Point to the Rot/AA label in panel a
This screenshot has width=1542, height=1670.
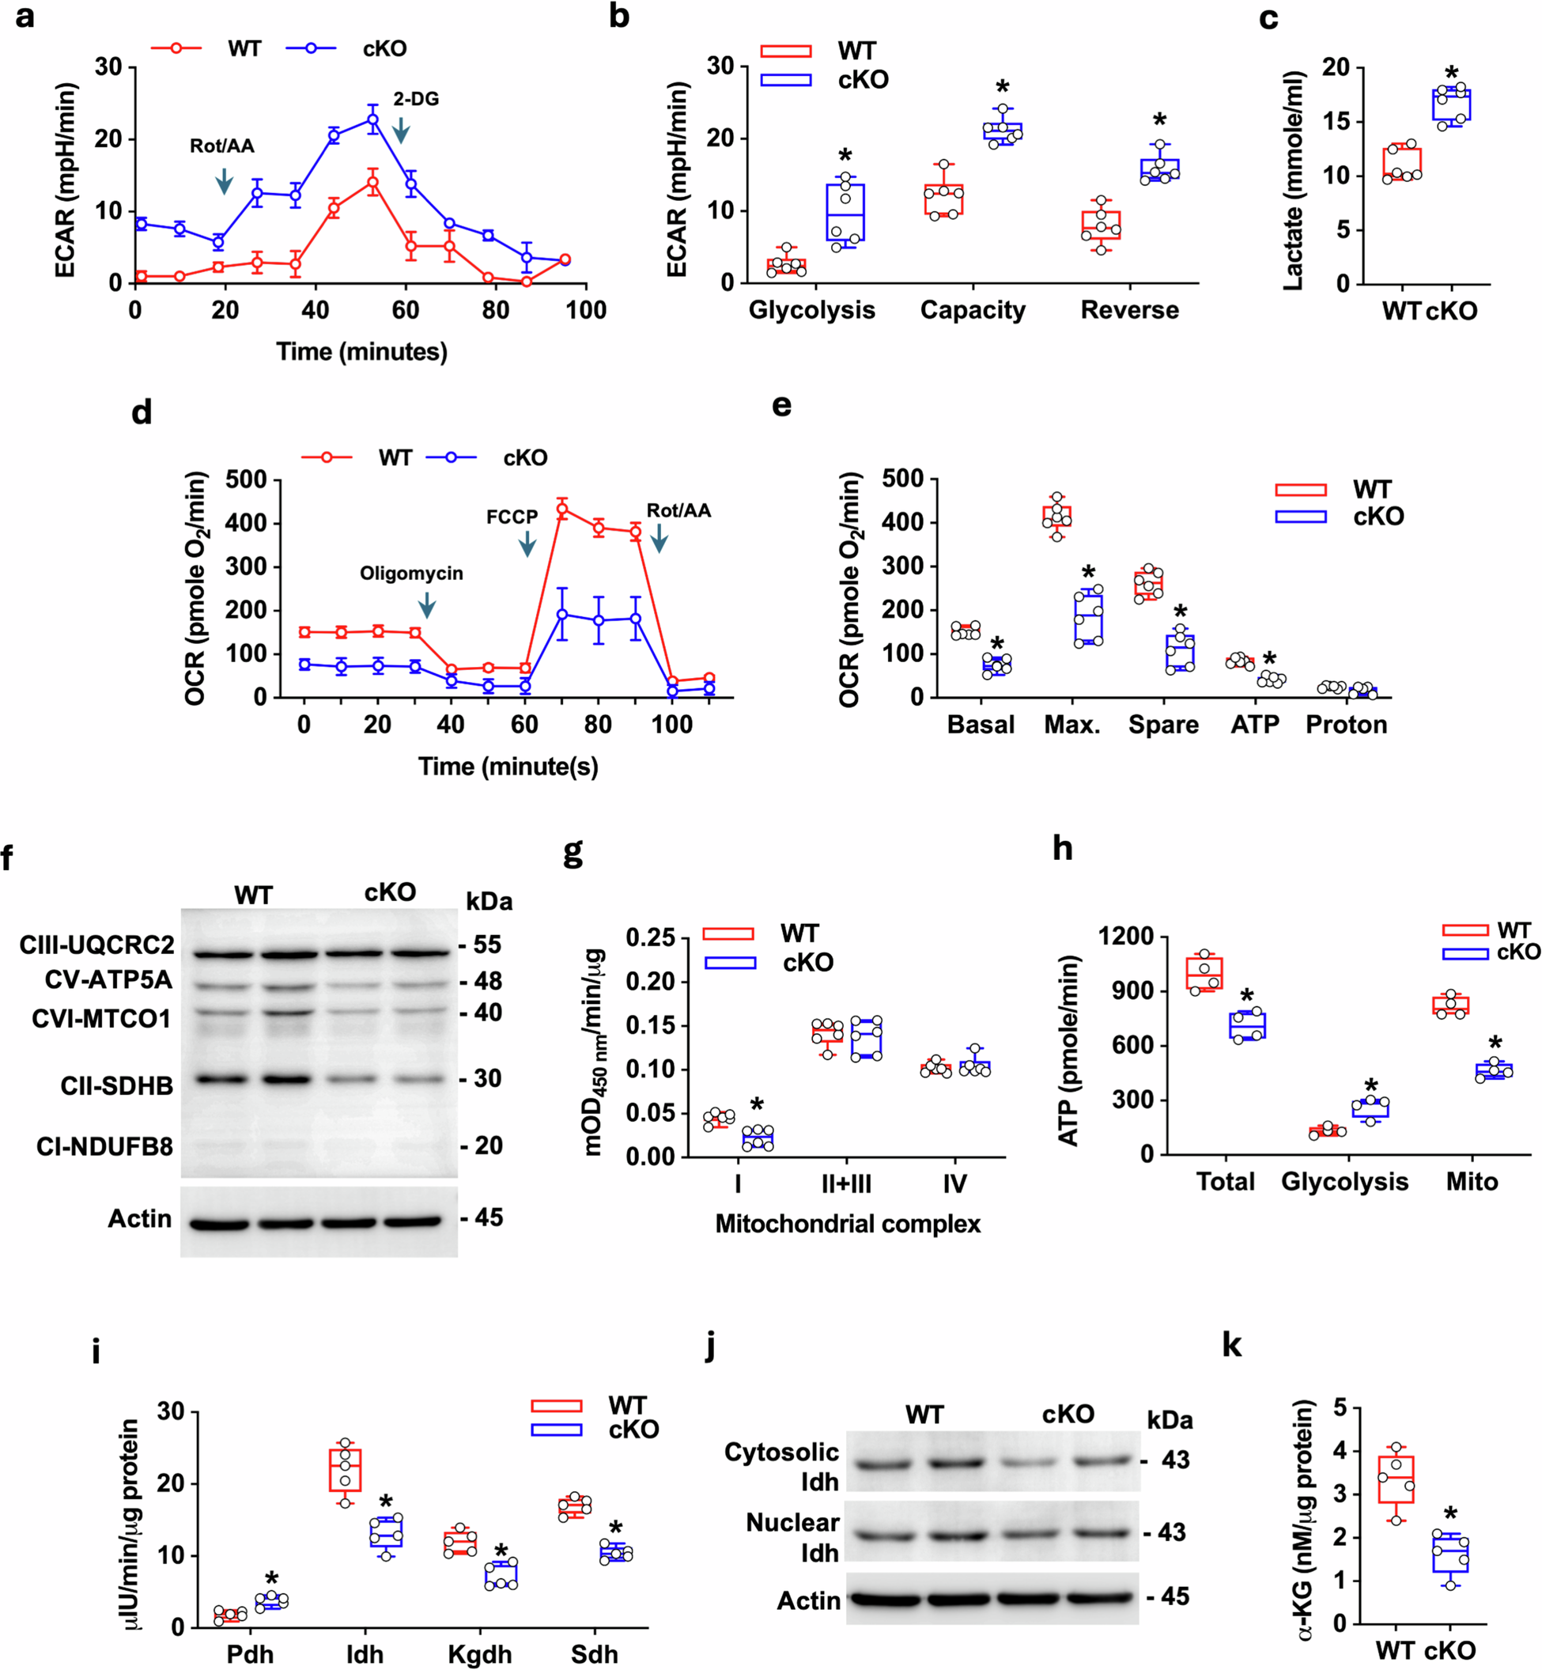coord(222,147)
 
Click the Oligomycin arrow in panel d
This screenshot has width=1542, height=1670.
coord(426,605)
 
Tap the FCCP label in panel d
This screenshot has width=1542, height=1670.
coord(512,517)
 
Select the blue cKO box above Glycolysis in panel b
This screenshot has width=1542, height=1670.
coord(845,213)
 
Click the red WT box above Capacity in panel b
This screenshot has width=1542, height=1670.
coord(943,199)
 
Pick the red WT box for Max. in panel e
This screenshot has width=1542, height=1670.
coord(1057,517)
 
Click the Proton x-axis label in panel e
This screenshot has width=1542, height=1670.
coord(1346,725)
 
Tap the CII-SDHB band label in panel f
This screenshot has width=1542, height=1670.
coord(116,1086)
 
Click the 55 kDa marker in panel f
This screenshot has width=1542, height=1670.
coord(486,945)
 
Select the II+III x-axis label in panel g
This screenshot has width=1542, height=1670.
coord(846,1183)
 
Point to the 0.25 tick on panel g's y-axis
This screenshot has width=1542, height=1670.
coord(650,938)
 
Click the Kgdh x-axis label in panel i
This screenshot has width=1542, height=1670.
coord(480,1653)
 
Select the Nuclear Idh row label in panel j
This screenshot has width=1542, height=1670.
coord(792,1537)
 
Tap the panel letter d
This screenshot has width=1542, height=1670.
coord(142,412)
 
